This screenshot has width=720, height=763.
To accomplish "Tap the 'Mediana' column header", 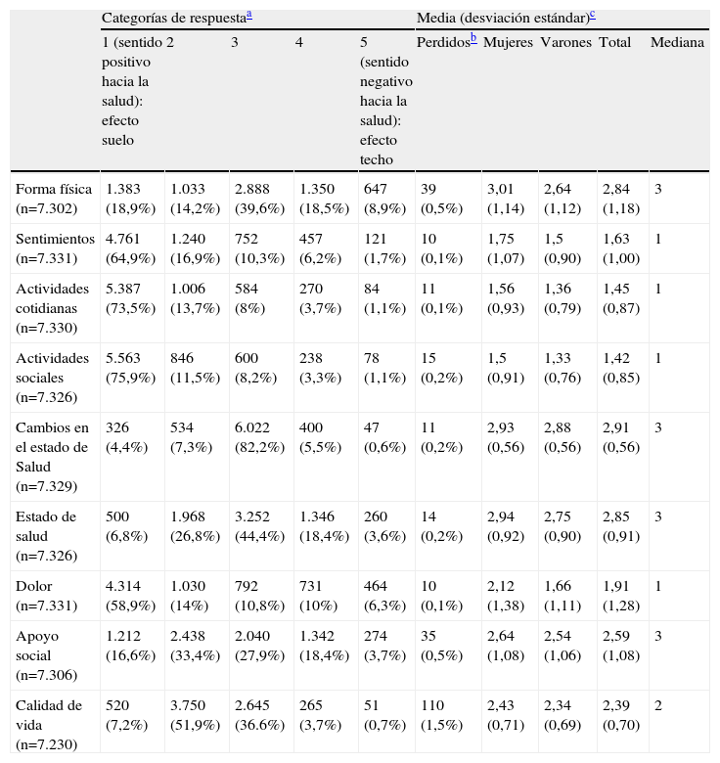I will [677, 43].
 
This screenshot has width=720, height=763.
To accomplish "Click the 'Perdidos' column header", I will [443, 43].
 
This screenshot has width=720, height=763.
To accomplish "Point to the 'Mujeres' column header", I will [508, 43].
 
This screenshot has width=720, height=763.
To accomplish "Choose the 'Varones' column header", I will [565, 43].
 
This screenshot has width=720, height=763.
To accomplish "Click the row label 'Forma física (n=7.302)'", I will [54, 198].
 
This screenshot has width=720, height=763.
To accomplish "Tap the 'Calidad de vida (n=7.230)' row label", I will [50, 724].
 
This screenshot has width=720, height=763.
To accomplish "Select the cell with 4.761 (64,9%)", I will [130, 247].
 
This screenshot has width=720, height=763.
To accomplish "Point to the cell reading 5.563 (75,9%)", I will [130, 367].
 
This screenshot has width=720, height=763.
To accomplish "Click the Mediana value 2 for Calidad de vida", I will [658, 705].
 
